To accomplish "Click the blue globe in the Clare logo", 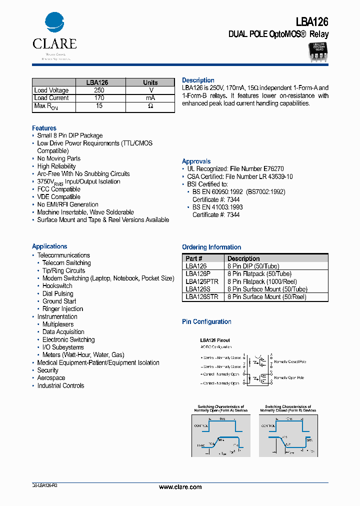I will pos(54,22).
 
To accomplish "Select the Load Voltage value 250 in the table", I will pos(99,90).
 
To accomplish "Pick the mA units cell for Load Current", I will pos(150,98).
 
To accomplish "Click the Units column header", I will pos(150,82).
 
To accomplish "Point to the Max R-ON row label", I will pos(46,106).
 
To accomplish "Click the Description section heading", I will pos(198,80).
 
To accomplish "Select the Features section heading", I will pos(44,128).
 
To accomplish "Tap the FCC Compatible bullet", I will pos(58,189).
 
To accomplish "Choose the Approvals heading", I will pos(196,161).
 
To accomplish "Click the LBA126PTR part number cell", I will pos(201,281).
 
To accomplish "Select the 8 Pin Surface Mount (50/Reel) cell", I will pos(267,297).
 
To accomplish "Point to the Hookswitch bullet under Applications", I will pos(57,286).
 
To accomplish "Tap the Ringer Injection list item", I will pos(62,309).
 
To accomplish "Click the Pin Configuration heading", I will pos(206,321).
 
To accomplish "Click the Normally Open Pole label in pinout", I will pos(290,377).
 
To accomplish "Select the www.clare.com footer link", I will pos(180,487).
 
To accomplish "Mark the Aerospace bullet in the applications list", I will pos(51,378).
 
